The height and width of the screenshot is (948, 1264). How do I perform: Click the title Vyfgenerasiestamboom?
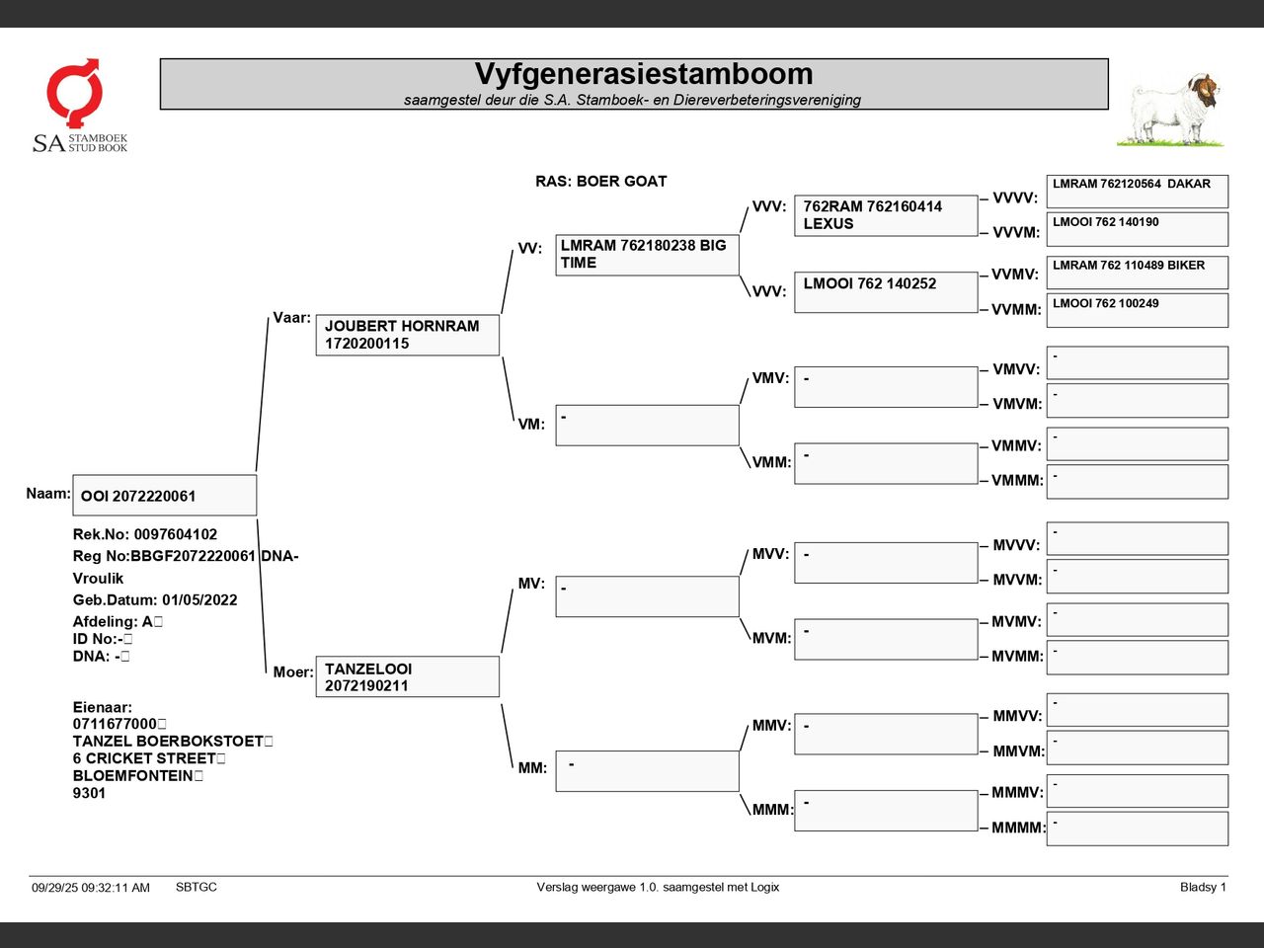click(644, 74)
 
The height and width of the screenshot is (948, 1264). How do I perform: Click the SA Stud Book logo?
click(79, 106)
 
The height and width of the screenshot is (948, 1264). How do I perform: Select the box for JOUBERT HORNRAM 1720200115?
click(407, 335)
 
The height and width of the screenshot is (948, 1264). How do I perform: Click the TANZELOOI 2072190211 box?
click(407, 676)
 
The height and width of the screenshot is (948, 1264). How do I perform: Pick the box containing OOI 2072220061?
click(164, 496)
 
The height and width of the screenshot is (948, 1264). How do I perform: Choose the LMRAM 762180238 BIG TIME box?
click(647, 255)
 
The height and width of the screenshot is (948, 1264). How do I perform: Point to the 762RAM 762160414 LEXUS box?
click(885, 215)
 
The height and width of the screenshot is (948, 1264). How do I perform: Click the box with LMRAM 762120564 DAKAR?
click(1137, 192)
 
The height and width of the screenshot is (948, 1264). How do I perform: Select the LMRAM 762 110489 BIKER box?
click(1137, 273)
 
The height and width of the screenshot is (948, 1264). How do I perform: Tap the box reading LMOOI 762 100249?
click(1137, 310)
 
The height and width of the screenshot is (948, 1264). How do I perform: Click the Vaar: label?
click(291, 318)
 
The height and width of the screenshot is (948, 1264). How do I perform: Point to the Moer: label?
click(293, 671)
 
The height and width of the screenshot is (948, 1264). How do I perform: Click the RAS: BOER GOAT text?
click(600, 182)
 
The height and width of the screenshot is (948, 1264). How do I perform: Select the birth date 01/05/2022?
click(199, 599)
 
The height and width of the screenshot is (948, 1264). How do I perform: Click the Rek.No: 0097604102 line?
click(145, 534)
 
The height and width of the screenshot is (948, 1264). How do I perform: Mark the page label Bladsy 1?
click(1203, 887)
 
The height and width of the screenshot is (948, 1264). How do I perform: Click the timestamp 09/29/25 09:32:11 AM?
click(91, 888)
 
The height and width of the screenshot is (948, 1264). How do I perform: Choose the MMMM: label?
click(1018, 828)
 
